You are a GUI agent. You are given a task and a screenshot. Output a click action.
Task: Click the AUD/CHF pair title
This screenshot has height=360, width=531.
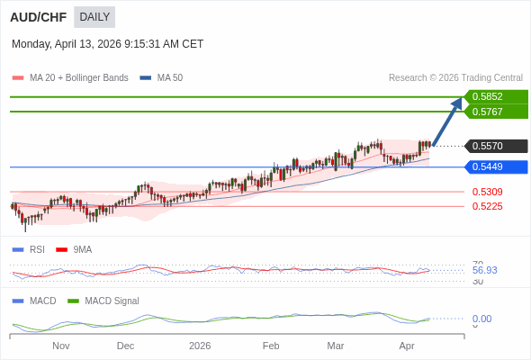[38, 17]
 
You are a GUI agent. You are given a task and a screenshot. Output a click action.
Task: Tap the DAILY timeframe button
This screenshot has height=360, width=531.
[94, 17]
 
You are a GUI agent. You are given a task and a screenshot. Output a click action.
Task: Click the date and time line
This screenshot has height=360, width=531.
[107, 44]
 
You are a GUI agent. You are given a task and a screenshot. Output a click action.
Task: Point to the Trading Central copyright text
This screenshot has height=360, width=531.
[455, 78]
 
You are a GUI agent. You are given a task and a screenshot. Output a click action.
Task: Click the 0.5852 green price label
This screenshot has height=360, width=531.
[494, 96]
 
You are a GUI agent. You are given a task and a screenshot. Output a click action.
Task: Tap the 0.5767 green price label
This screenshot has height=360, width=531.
[494, 112]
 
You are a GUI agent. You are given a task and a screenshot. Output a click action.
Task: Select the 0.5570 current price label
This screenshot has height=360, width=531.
[494, 146]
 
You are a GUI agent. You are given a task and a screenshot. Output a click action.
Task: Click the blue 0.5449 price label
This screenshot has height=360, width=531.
[494, 166]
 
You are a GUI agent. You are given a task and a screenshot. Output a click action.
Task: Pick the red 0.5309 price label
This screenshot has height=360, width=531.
[487, 192]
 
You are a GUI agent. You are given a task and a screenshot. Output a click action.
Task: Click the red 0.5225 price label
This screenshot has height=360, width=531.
[487, 206]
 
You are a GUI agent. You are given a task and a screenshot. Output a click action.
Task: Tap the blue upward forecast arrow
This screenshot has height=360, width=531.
[447, 121]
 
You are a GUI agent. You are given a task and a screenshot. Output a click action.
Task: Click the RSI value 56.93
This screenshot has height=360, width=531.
[484, 270]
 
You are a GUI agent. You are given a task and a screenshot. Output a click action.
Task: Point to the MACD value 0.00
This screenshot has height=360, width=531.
[481, 319]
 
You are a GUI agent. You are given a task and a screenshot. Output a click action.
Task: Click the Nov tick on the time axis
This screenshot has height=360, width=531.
[61, 346]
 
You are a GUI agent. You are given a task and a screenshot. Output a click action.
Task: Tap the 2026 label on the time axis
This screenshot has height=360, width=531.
[200, 346]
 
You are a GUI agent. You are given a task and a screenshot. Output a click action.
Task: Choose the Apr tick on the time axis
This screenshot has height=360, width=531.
[407, 346]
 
